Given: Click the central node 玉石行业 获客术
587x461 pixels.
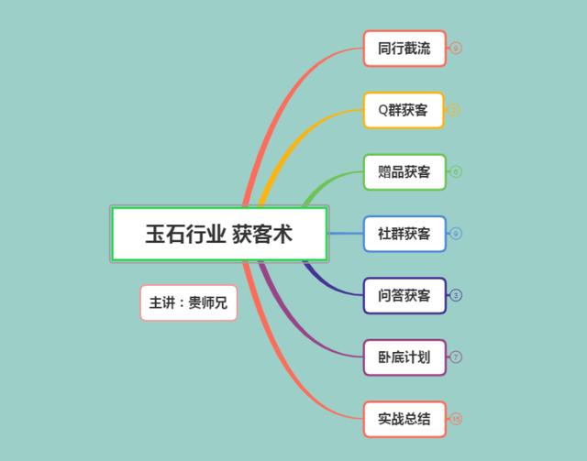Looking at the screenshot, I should click(218, 234).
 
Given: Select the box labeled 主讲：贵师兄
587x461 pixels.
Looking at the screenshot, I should click(189, 302).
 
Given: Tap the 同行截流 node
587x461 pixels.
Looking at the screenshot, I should click(404, 49).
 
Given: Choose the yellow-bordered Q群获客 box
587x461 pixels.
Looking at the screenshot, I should click(404, 110).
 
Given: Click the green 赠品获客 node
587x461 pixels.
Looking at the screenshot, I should click(404, 172).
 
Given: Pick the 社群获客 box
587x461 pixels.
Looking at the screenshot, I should click(404, 234).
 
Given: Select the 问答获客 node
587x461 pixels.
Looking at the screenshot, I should click(404, 295).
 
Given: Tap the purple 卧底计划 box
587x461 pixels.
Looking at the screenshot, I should click(404, 357).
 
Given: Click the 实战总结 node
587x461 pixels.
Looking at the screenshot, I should click(404, 419).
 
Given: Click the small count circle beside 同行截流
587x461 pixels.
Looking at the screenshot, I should click(456, 49).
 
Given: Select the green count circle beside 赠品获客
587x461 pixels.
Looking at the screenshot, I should click(456, 172).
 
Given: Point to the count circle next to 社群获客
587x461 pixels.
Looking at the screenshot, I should click(456, 234).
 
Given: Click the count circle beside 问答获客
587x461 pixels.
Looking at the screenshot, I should click(456, 295).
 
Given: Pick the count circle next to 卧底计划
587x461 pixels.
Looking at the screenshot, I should click(456, 357).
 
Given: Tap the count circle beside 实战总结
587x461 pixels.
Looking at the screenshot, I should click(456, 419).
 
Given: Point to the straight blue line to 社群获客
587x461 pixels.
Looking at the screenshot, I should click(346, 234).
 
